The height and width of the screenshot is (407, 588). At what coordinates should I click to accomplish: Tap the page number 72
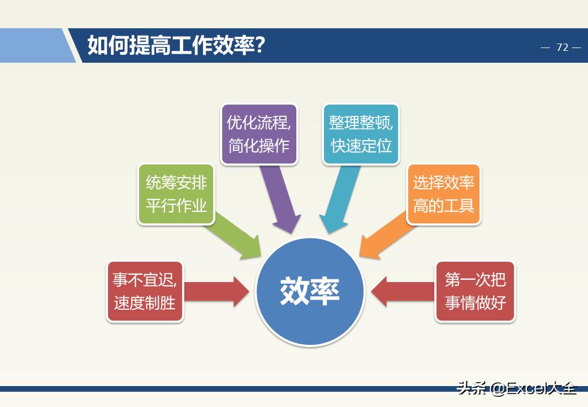[561, 47]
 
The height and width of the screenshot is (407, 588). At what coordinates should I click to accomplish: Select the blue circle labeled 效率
[310, 291]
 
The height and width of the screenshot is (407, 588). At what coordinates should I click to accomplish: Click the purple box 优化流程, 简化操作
[259, 134]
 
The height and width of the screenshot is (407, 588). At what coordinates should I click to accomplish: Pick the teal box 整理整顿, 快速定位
[361, 134]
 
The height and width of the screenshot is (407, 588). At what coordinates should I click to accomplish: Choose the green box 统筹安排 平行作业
[176, 194]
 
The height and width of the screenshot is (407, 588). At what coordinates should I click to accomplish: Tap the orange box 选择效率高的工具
[443, 194]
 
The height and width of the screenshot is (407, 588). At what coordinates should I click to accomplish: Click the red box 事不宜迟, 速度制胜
[145, 291]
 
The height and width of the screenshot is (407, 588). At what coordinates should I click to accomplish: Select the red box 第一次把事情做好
[475, 291]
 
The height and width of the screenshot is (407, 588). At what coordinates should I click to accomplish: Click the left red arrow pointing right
[218, 291]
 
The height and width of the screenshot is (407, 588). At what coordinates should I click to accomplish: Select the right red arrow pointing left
[401, 291]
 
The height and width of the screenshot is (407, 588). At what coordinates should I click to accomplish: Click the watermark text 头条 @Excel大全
[517, 388]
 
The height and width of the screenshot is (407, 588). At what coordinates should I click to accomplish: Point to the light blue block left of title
[34, 46]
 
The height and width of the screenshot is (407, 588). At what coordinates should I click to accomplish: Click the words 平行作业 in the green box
[176, 205]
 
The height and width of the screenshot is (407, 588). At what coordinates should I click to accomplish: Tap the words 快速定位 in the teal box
[361, 145]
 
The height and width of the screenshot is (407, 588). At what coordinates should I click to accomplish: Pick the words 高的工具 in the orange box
[443, 205]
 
